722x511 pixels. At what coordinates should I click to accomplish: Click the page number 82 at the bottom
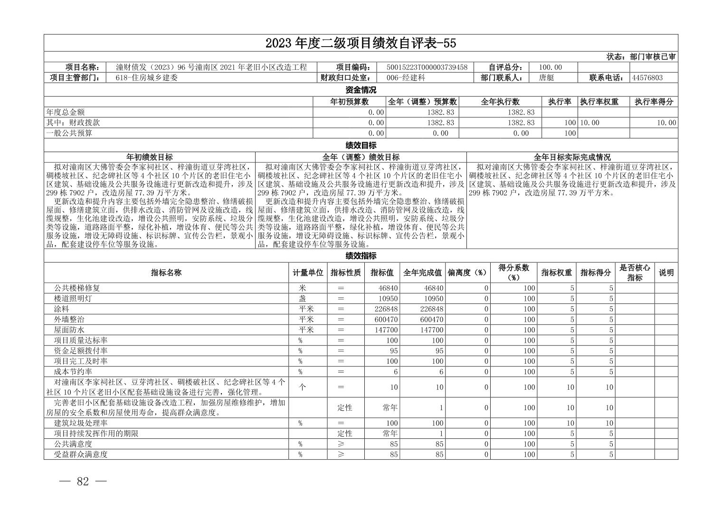coord(83,482)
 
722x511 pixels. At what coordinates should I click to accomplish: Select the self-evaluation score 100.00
coord(551,67)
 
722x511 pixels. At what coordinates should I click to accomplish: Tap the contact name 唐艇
coord(547,78)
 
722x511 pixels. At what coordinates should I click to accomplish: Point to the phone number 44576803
coord(647,78)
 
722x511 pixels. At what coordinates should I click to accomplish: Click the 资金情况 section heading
coord(361,90)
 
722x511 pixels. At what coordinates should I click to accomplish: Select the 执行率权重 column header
coord(599,102)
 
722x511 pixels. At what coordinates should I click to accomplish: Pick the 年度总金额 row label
coord(66,112)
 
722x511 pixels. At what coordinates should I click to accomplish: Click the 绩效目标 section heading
coord(361,145)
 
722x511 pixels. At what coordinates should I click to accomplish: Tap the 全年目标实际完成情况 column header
coord(572,157)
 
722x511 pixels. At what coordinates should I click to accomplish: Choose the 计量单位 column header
coord(308,273)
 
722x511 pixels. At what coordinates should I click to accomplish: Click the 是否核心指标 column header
coord(635,273)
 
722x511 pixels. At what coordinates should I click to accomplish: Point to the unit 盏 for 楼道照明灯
coord(303,299)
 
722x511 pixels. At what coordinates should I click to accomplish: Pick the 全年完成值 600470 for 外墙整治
coord(432,319)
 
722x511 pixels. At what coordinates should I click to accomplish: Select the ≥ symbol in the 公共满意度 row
coord(341,444)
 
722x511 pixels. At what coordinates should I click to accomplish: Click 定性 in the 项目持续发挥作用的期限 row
coord(345,434)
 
